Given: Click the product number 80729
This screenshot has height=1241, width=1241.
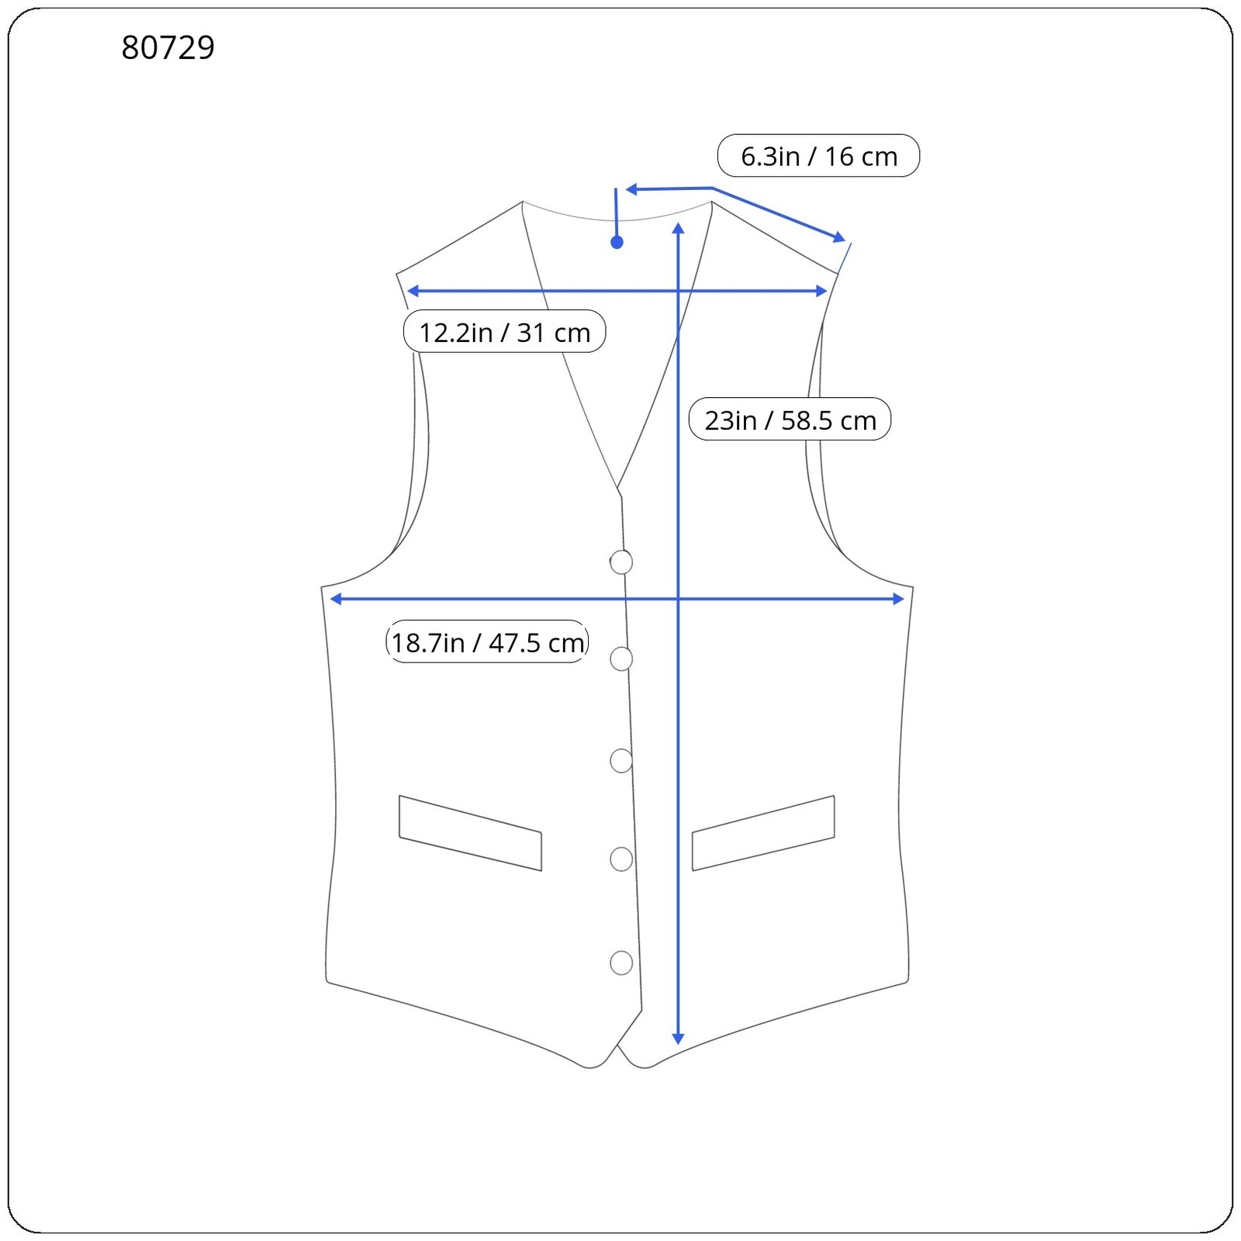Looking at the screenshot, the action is tap(168, 47).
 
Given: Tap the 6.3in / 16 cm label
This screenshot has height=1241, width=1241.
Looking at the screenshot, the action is tap(818, 156).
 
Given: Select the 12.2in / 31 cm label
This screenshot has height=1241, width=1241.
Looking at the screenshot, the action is tap(504, 332).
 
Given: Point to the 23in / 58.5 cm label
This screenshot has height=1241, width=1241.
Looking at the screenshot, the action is tap(790, 420).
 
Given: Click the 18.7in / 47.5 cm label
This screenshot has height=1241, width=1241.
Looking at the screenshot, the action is tap(487, 642).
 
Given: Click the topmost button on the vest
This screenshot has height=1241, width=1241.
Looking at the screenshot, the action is tap(621, 562).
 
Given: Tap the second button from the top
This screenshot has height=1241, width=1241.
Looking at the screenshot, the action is tap(621, 659).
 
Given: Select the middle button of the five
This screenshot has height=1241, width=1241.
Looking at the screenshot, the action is tap(621, 761).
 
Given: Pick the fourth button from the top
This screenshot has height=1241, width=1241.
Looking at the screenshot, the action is tap(621, 859).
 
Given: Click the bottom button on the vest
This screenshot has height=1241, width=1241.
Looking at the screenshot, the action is tap(621, 963).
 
